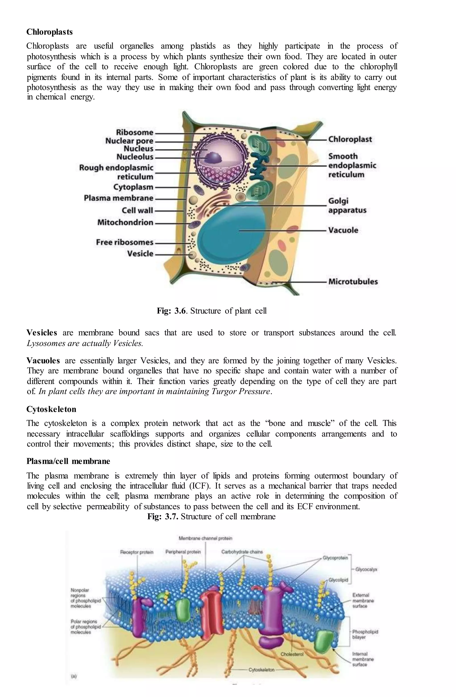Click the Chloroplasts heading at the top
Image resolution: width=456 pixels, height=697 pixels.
click(x=49, y=32)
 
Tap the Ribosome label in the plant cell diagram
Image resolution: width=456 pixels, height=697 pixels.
click(x=134, y=132)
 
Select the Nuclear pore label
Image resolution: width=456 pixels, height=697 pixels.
click(x=129, y=141)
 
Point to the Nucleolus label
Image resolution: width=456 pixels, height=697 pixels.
click(x=135, y=157)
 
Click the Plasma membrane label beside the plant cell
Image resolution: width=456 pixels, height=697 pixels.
click(x=118, y=198)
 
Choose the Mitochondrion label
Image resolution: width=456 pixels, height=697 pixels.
click(x=125, y=223)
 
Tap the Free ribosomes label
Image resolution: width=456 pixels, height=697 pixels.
click(x=124, y=242)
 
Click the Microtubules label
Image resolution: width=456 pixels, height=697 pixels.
click(x=353, y=282)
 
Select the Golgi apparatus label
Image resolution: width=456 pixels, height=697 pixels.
click(x=347, y=206)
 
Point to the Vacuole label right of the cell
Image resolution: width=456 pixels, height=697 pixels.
click(x=343, y=230)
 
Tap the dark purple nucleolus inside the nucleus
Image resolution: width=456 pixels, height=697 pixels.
click(x=214, y=158)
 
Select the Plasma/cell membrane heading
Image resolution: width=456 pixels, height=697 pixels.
click(x=68, y=461)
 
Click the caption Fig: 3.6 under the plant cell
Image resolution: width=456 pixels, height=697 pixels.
click(x=212, y=311)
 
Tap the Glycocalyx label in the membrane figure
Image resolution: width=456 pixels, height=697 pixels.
click(x=366, y=569)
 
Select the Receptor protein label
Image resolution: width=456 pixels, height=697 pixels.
click(x=136, y=552)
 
